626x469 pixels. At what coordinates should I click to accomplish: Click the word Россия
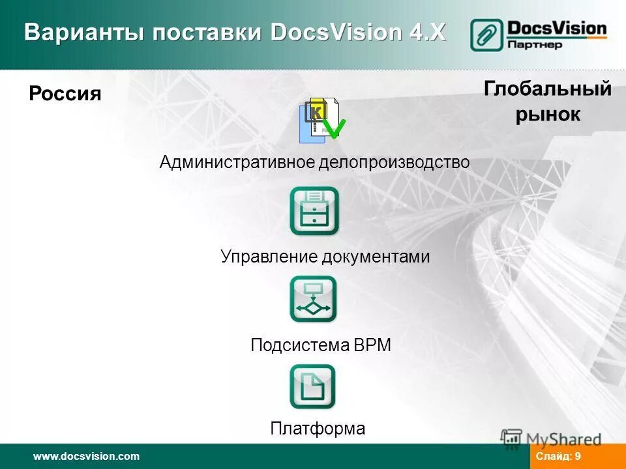click(65, 94)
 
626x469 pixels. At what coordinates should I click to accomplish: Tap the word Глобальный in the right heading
click(548, 89)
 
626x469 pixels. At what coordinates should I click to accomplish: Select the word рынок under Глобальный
click(548, 115)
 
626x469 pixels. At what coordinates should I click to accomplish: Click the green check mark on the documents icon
click(334, 128)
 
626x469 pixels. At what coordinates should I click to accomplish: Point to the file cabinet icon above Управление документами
click(314, 211)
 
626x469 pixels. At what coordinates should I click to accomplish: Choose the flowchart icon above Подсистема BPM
click(314, 299)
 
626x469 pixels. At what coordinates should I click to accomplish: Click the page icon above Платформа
click(313, 387)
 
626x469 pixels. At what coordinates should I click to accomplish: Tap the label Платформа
click(318, 429)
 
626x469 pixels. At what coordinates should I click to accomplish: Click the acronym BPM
click(372, 345)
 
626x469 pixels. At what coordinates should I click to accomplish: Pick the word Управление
click(268, 257)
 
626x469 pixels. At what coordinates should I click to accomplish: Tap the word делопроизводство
click(394, 162)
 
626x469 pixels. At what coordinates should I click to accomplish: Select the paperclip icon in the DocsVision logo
click(486, 35)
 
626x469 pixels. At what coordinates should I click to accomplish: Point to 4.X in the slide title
click(428, 32)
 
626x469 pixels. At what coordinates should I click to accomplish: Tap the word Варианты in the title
click(81, 32)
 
